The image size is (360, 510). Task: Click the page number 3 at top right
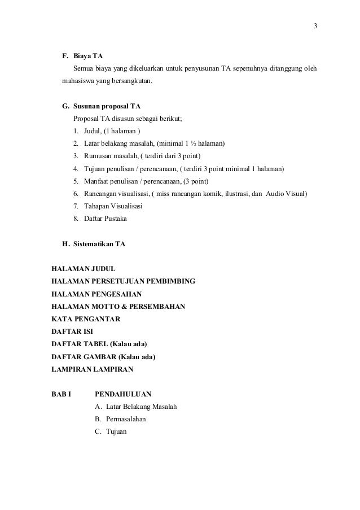(x=315, y=26)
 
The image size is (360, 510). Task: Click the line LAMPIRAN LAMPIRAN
(x=92, y=368)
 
